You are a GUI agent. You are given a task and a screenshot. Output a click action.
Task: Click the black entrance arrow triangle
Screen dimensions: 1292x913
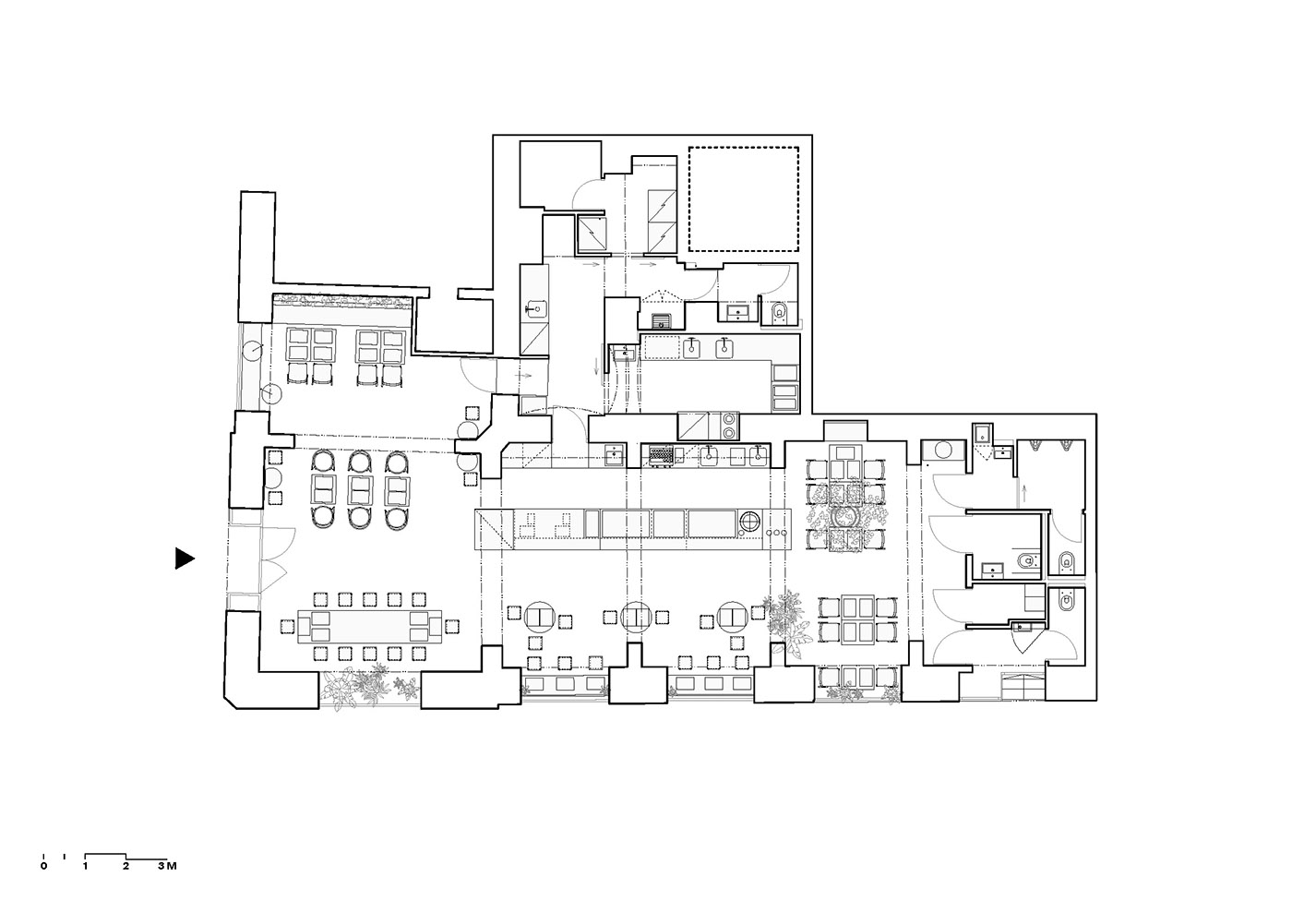[x=184, y=559]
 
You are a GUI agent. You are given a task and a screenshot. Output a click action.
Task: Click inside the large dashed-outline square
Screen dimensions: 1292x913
[x=744, y=199]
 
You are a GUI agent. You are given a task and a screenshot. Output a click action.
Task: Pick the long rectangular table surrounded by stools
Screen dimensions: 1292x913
[x=370, y=626]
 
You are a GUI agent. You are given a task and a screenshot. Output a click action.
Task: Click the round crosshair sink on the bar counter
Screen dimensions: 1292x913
[x=750, y=523]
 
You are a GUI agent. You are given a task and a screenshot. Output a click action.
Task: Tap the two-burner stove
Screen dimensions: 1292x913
[x=730, y=425]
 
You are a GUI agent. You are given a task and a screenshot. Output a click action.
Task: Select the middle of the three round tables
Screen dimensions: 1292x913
[x=637, y=618]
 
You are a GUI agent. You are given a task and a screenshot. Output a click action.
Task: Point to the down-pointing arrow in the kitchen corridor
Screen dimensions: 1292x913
[x=597, y=366]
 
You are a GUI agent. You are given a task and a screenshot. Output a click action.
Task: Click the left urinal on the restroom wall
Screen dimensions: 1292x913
[x=1037, y=444]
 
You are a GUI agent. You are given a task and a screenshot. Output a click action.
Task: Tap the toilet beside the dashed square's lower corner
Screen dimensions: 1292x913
[x=780, y=313]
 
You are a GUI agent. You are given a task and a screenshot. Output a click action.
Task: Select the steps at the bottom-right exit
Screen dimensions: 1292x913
[x=1023, y=686]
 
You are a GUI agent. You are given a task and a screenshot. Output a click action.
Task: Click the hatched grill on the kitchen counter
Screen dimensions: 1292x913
[x=661, y=455]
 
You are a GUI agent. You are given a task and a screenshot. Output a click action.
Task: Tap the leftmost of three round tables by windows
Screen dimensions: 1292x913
[x=540, y=617]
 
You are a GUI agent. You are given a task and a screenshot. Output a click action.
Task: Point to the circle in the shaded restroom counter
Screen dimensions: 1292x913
[x=942, y=450]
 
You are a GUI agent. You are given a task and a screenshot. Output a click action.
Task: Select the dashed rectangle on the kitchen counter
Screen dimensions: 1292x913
[x=663, y=347]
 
